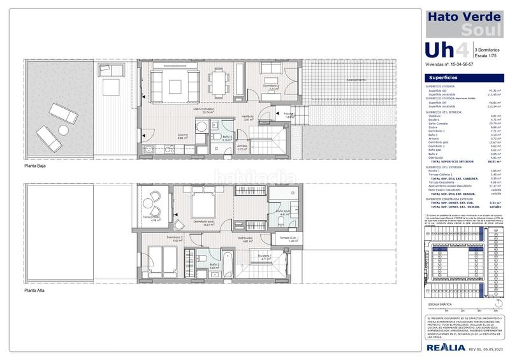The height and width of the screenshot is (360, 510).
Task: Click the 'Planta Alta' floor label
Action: (35, 290)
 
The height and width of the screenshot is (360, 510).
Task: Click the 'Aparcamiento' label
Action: (356, 80)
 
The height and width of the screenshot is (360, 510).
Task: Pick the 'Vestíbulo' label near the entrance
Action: (247, 117)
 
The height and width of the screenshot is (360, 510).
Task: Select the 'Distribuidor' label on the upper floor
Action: (249, 240)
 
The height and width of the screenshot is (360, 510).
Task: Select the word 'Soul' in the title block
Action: (480, 30)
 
